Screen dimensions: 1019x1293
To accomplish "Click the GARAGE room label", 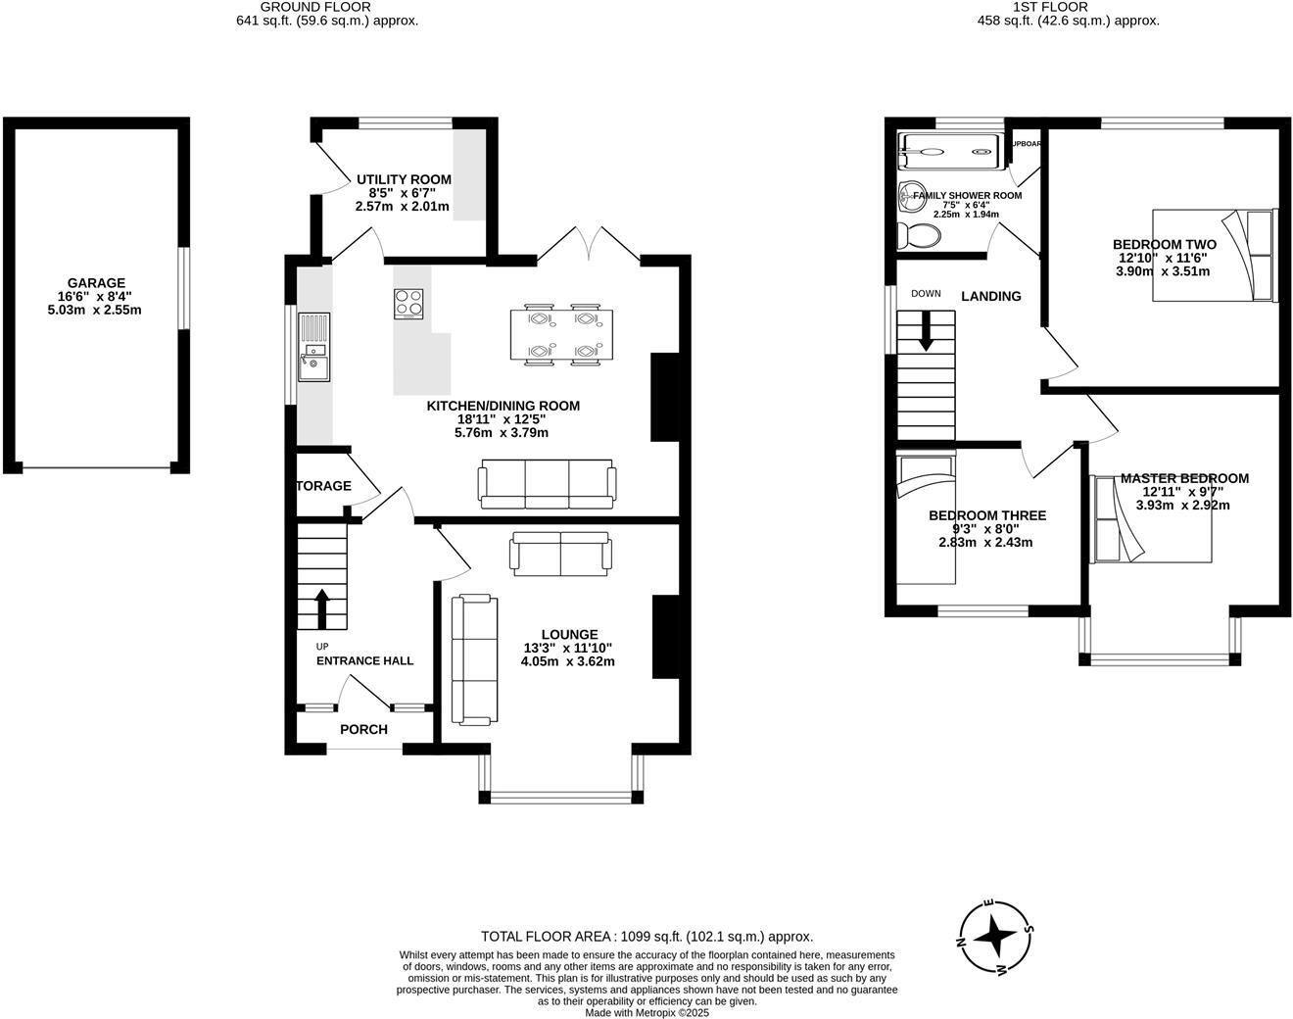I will [96, 283].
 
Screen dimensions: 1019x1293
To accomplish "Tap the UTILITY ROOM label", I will [404, 179].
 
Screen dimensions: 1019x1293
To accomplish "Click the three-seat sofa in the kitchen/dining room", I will [548, 484].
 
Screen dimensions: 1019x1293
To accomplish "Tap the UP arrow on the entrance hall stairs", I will [321, 607].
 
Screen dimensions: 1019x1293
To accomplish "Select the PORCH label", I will [363, 729].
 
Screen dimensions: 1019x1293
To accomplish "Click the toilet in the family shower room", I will [918, 235].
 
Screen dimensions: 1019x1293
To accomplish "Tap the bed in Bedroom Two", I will [1215, 255].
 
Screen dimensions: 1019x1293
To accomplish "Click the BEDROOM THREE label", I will [986, 515].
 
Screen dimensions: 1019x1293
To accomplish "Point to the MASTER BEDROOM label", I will [1184, 478].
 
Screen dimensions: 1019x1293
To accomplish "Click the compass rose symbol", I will [995, 936].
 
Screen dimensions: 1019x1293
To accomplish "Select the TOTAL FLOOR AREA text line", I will [646, 936].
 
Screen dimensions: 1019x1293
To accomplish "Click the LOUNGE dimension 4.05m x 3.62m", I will [567, 661].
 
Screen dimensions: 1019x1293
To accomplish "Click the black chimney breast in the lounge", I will [666, 636].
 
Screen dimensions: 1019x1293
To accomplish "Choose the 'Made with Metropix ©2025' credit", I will [646, 1012].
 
